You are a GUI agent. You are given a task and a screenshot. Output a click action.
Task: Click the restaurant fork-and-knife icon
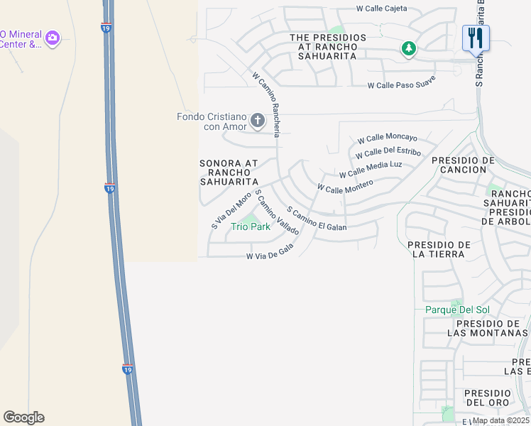coord(475,38)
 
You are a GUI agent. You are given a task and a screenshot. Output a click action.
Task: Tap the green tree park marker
coord(408,48)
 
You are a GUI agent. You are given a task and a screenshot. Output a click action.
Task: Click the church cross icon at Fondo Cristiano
coord(257,121)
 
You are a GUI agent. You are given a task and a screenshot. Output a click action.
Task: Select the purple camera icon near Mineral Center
coord(53,37)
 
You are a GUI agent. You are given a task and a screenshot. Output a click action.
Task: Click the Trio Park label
coord(251,227)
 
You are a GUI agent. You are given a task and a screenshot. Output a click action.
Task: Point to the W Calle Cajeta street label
coord(382,9)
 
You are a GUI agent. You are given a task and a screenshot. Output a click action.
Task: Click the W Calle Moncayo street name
coord(388,138)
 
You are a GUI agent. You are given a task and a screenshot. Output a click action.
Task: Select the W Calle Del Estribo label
coord(388,153)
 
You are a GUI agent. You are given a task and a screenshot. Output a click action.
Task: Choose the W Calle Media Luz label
coord(371,169)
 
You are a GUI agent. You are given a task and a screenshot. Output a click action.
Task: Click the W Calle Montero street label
coord(345,186)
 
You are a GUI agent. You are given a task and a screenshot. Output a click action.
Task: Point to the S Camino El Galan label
coord(317,219)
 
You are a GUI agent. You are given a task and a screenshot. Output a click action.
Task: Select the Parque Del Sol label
coord(457,310)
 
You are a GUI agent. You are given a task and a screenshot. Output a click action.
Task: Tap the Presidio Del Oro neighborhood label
coord(487,398)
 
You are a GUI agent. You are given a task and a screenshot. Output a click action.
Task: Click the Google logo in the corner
coord(23,417)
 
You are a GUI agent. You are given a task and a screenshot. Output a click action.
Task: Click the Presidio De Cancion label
coord(463,165)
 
